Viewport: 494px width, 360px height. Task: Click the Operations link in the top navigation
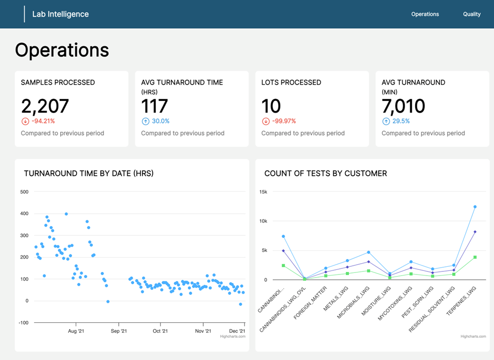click(x=425, y=14)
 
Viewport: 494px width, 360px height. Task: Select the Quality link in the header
click(x=471, y=14)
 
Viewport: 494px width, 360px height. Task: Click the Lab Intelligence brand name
click(x=60, y=14)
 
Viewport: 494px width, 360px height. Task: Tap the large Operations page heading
click(x=62, y=50)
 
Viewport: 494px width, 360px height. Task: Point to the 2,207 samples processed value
click(x=45, y=106)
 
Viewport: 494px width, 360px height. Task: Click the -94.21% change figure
click(x=43, y=121)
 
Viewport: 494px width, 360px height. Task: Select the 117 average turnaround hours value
click(x=154, y=106)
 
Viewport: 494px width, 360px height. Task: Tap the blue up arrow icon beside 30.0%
click(x=145, y=122)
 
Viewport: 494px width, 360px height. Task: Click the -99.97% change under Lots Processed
click(x=283, y=121)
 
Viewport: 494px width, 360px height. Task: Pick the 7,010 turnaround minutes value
click(x=403, y=106)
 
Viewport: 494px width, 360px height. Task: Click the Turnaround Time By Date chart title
click(x=89, y=174)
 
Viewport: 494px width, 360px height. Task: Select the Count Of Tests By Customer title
click(x=325, y=174)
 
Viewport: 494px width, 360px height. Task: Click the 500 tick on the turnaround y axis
click(x=24, y=192)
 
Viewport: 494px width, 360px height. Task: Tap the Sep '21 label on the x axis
click(x=118, y=331)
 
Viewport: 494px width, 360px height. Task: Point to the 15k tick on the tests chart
click(x=263, y=192)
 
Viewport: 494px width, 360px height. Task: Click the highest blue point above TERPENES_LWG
click(x=475, y=207)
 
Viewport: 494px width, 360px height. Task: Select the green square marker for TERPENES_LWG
click(x=475, y=258)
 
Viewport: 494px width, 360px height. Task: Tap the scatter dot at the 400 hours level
click(x=66, y=214)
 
